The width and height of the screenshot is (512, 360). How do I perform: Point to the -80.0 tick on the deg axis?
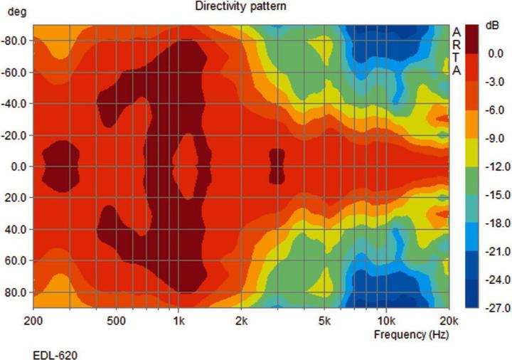click(x=14, y=41)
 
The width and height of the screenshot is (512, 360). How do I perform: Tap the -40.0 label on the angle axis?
click(x=14, y=104)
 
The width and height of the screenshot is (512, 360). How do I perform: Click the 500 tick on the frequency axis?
click(x=117, y=321)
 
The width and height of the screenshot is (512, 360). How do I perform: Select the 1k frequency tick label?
click(x=179, y=321)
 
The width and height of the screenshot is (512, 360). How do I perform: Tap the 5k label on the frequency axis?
click(x=324, y=321)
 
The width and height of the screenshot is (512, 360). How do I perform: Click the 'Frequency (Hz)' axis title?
click(x=410, y=334)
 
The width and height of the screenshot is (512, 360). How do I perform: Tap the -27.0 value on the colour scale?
click(x=494, y=308)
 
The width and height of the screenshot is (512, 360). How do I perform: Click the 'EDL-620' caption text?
click(x=53, y=354)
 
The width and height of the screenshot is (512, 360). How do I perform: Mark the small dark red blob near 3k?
click(x=277, y=166)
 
